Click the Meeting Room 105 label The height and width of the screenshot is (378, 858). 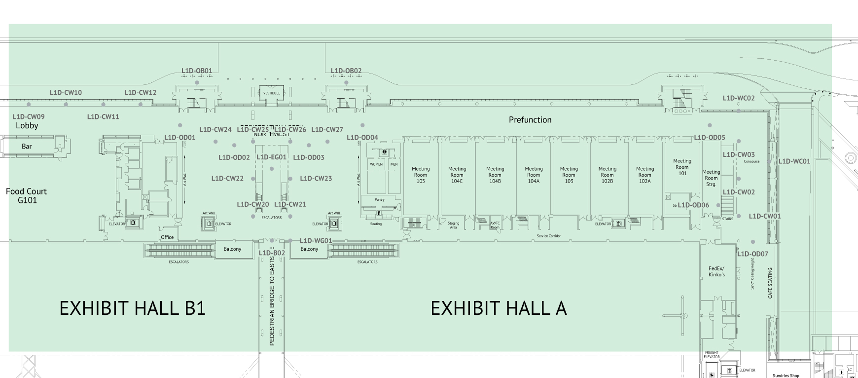coord(421,175)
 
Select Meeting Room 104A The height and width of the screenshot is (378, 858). coord(534,175)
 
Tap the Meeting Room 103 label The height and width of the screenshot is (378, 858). coord(569,175)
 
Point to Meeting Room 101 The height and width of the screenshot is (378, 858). coord(682,167)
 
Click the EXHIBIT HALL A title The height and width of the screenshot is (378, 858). coord(499,308)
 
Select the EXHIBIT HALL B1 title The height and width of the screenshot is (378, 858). coord(132,308)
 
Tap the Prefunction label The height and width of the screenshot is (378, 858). coord(530,120)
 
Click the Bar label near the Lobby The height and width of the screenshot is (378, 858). coord(27,147)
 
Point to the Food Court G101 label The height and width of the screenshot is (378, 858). coord(27,196)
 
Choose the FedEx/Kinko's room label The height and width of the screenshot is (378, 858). coord(716,271)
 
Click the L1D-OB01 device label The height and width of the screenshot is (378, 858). coord(197,71)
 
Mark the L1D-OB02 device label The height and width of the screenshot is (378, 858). coord(346,71)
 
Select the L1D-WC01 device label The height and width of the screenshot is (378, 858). coord(794,161)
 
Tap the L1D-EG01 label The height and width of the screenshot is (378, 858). coord(271,157)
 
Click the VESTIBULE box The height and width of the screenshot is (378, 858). coord(272,93)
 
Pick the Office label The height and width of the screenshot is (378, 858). coord(167,237)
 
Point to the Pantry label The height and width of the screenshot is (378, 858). coord(379,199)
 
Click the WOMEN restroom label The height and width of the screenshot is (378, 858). coord(376,164)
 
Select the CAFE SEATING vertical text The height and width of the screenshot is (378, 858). coord(770,283)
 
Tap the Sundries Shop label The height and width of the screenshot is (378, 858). coord(786,376)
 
